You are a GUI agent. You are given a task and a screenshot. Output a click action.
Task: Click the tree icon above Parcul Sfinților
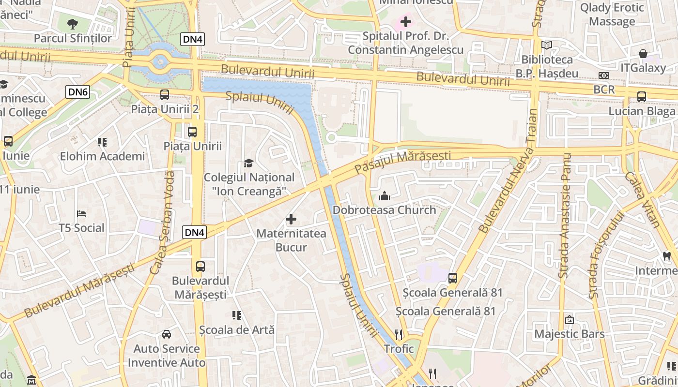click(x=73, y=23)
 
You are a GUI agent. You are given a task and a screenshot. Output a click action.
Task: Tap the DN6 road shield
click(x=78, y=91)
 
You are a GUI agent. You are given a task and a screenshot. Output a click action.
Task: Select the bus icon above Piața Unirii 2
click(x=165, y=95)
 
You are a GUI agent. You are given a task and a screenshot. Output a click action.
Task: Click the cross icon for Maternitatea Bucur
click(x=291, y=220)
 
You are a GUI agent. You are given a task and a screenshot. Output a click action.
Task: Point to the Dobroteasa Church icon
click(x=385, y=196)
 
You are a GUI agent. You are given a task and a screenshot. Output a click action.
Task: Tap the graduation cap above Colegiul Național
click(x=249, y=164)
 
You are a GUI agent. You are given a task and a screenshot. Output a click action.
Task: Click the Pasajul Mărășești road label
click(x=402, y=163)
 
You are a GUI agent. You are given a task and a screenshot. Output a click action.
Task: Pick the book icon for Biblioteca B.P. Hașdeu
click(x=547, y=45)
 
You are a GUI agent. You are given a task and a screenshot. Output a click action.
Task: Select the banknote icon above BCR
click(x=604, y=75)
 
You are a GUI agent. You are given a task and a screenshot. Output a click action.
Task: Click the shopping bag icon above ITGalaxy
click(x=643, y=54)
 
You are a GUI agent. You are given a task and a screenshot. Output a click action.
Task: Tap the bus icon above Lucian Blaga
click(x=642, y=97)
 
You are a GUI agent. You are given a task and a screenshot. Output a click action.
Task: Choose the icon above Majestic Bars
click(x=570, y=320)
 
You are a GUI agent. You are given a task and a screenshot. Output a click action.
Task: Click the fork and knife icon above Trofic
click(x=399, y=334)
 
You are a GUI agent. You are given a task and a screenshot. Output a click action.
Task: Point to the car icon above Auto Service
click(x=167, y=334)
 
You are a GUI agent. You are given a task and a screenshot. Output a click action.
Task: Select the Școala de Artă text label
click(x=237, y=330)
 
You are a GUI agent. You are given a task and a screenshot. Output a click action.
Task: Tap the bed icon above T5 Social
click(x=81, y=214)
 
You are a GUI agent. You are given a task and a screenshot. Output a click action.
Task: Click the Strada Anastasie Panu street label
click(x=565, y=216)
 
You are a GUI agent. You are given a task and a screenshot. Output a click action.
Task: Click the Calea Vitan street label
click(x=642, y=199)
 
